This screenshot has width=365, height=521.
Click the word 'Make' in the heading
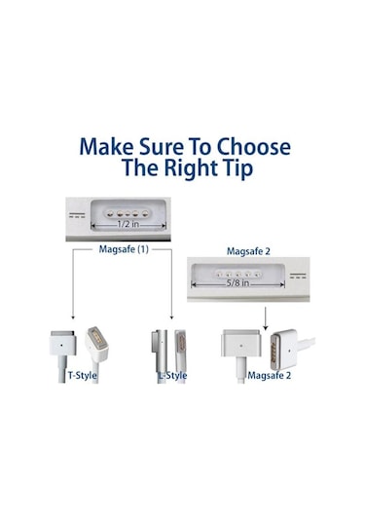pos(107,147)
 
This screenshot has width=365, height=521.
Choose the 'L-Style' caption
pos(173,375)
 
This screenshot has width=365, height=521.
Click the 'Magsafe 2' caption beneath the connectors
pos(268,375)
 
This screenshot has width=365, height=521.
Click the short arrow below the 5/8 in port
pos(265,320)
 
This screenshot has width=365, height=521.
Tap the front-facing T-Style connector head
pos(63,343)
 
